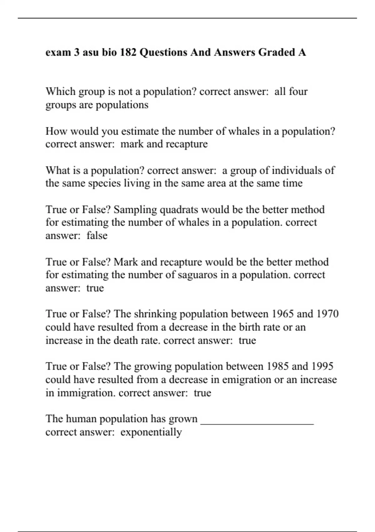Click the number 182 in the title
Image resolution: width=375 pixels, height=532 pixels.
coord(128,52)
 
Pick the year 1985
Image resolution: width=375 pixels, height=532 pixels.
coord(277,366)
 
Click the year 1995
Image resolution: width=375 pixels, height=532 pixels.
coord(322,366)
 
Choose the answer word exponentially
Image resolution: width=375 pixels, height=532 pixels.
coord(151,432)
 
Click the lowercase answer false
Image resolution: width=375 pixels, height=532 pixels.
coord(97,235)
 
